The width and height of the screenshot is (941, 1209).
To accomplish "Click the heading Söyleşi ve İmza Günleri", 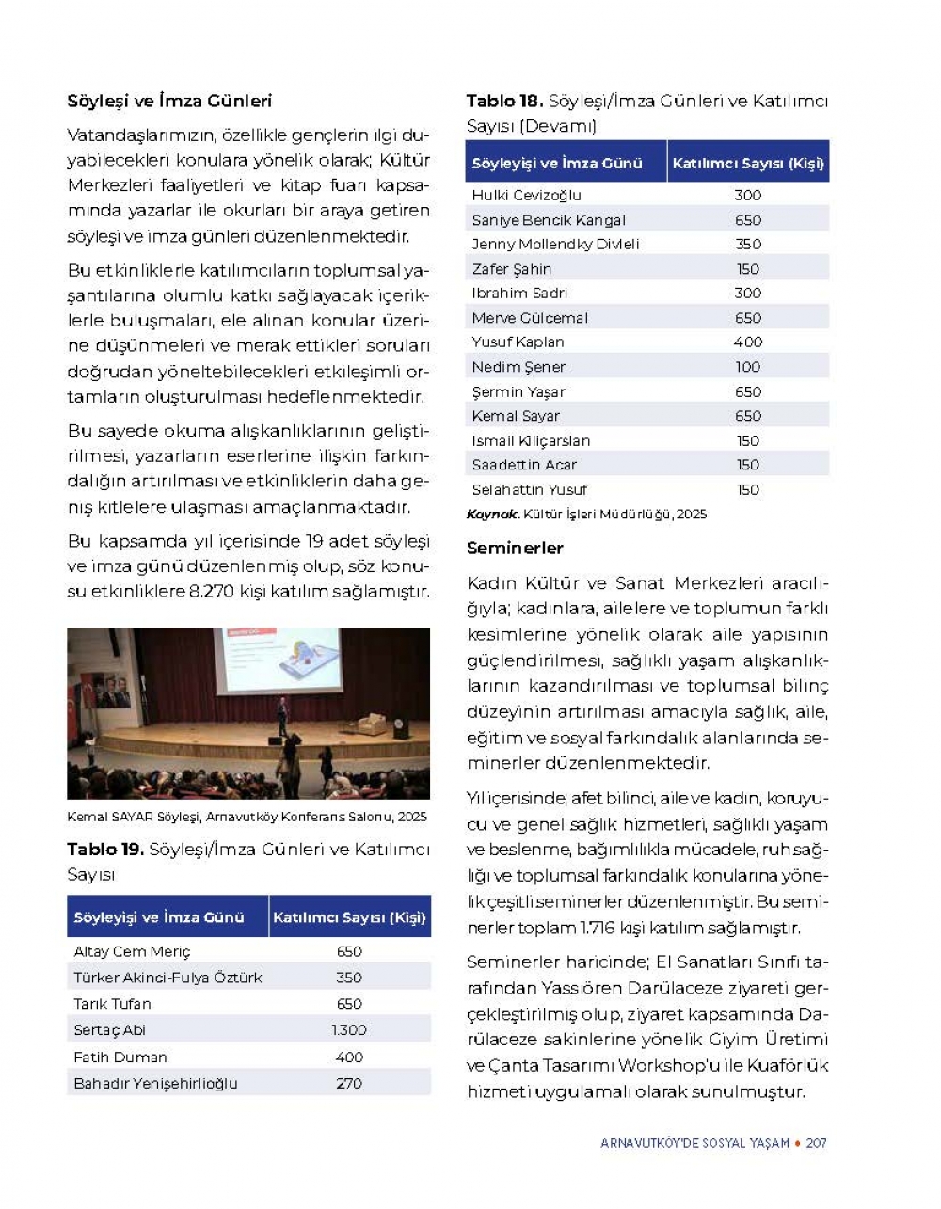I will point(169,101).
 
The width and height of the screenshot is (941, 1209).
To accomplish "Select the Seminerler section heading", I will point(515,548).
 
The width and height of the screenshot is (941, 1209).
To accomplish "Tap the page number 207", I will point(816,1143).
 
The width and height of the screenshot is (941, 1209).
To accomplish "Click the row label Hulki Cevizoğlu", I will point(526,195).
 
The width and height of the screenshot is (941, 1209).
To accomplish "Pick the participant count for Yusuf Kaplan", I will point(748,342).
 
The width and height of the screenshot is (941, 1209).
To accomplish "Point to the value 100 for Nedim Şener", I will point(748,367).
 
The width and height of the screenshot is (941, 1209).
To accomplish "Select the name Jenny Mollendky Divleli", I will point(555,244).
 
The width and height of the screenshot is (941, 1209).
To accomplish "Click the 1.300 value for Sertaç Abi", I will point(349,1030).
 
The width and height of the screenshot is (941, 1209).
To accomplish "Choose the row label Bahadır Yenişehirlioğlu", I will point(155,1083).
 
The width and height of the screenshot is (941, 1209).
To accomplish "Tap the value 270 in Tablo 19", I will point(349,1083).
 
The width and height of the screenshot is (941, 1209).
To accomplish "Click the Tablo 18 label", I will point(504,101).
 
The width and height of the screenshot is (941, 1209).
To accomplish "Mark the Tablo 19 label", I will point(104,850).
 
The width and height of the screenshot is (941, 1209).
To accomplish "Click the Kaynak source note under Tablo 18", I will point(586,515).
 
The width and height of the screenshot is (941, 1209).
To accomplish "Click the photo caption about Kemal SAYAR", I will point(247,817).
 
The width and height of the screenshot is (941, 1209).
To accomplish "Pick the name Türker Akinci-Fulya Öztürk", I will point(167,978).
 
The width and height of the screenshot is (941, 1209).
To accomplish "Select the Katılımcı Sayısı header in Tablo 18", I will point(748,163).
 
